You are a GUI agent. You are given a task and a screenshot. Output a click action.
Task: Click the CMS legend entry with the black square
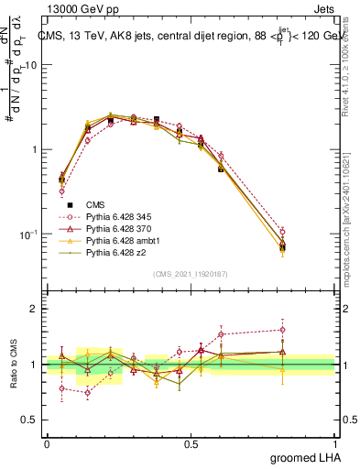click(95, 204)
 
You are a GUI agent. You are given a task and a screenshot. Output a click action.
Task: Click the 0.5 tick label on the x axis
click(191, 444)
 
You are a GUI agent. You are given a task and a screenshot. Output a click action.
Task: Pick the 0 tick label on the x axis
click(47, 444)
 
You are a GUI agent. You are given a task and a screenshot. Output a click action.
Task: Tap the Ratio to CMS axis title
click(14, 365)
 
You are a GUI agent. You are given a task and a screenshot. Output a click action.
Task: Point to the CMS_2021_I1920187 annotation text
click(191, 274)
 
